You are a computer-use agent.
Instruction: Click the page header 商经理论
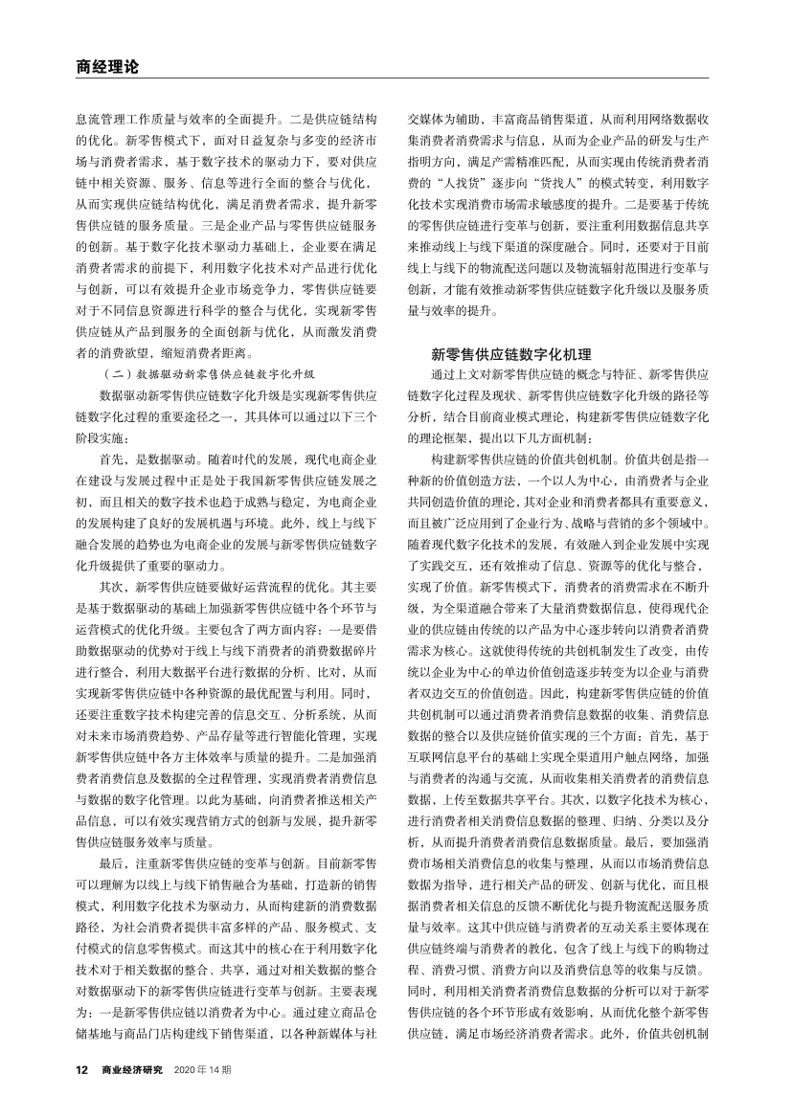(x=107, y=67)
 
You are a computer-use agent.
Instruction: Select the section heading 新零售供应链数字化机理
(x=511, y=354)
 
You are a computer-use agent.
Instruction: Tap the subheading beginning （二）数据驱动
(x=208, y=373)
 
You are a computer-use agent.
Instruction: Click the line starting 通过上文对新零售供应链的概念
(x=570, y=373)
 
